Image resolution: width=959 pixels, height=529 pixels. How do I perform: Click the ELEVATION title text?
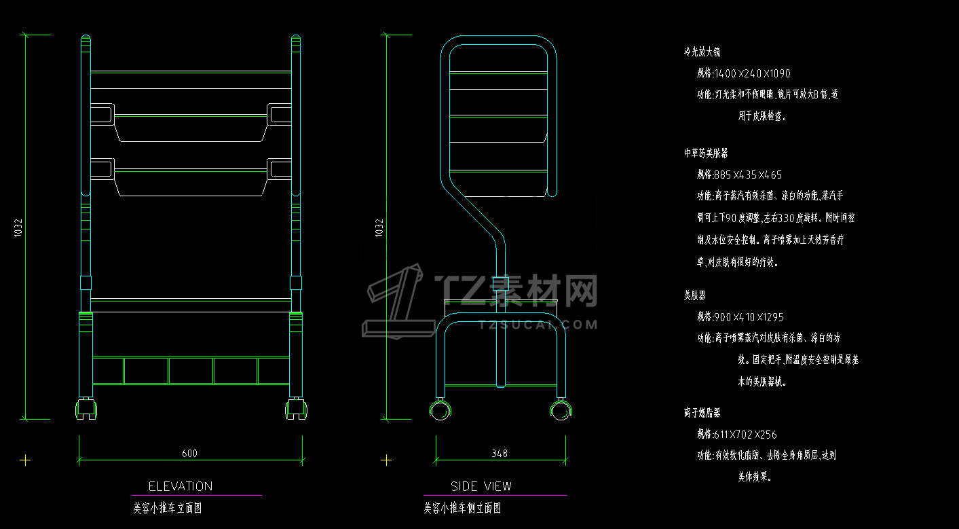tap(181, 486)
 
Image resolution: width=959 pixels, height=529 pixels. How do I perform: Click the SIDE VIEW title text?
tap(481, 486)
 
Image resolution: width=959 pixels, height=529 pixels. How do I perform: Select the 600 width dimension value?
tap(190, 454)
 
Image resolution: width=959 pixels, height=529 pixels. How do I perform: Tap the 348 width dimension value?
tap(499, 453)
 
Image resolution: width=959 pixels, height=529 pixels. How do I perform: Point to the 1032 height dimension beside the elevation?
tap(18, 228)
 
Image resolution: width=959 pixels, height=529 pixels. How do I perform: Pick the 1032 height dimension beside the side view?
tap(379, 228)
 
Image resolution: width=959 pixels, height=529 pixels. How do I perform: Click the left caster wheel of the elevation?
tap(86, 408)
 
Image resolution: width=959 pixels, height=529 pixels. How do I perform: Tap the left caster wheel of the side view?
tap(442, 410)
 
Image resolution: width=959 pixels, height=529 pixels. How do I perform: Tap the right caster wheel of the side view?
tap(561, 409)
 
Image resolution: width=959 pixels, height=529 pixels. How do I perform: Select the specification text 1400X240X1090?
tap(743, 73)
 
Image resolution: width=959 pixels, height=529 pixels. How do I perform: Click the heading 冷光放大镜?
tap(702, 52)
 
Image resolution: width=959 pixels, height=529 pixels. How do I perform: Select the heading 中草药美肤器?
tap(706, 153)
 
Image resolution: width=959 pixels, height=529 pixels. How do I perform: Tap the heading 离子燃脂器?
tap(702, 412)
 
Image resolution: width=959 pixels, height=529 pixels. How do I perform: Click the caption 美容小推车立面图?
tap(167, 507)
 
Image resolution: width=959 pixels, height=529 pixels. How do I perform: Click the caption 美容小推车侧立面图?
tap(462, 507)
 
